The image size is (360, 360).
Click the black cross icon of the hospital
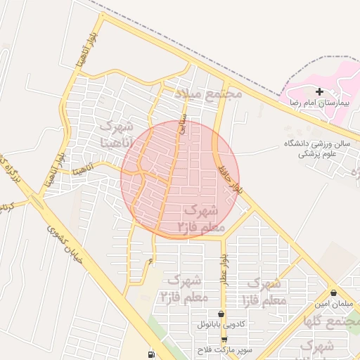tap(320, 91)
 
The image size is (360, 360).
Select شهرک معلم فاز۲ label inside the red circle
tap(200, 219)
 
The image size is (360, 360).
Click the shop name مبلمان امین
tap(332, 304)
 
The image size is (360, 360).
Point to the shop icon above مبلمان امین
tap(333, 292)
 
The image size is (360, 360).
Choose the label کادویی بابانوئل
tap(222, 325)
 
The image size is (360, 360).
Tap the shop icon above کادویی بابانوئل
tap(222, 314)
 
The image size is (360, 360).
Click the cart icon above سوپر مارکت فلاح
tap(224, 339)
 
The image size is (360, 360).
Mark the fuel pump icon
tap(150, 354)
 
